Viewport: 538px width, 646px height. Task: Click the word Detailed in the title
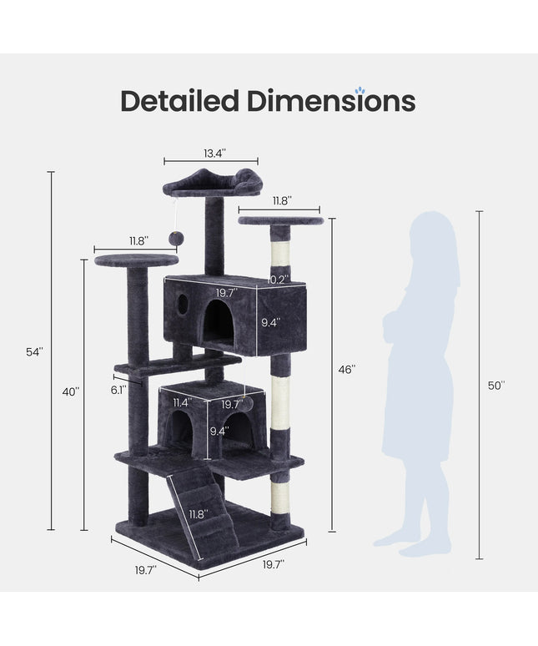179,101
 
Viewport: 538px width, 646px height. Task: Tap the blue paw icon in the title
360,90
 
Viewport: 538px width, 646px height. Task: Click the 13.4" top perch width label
215,154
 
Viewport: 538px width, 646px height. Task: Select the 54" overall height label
34,352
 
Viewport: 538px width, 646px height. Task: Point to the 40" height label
71,391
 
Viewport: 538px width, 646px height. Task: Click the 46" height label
347,370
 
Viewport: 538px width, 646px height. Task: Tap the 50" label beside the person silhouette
496,386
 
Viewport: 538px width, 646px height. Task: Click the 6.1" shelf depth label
118,390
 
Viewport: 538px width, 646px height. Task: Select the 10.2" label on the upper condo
279,280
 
